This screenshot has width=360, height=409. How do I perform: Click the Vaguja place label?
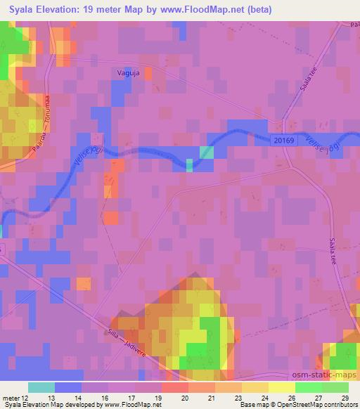point(127,72)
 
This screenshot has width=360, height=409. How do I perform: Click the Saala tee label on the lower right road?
point(332,250)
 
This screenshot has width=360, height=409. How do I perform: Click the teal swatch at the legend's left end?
point(41,387)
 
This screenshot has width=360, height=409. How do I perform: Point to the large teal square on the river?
point(206,152)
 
